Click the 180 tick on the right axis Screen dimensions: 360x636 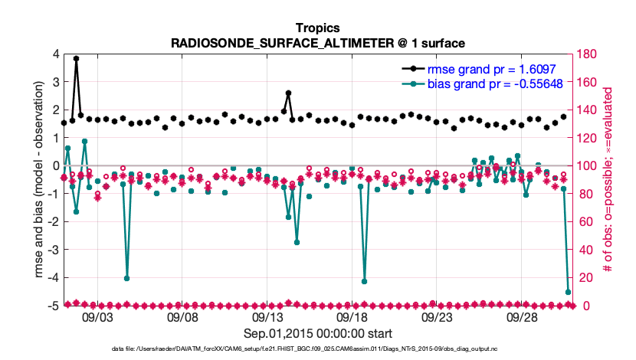(x=589, y=54)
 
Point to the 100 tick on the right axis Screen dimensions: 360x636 (x=589, y=166)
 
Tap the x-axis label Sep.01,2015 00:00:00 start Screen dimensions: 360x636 (x=318, y=333)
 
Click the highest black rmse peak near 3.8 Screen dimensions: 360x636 (x=76, y=58)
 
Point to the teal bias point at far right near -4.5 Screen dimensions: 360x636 (x=568, y=292)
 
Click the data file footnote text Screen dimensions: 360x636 (x=318, y=350)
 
